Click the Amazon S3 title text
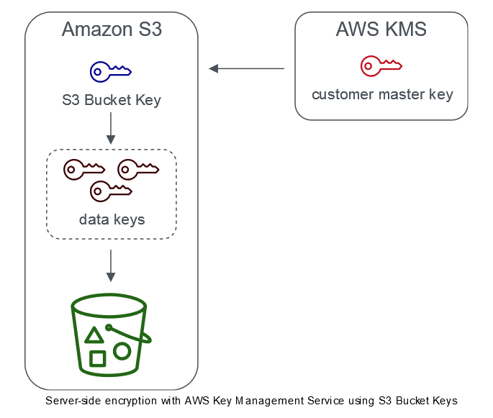(x=112, y=29)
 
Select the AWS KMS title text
(x=381, y=29)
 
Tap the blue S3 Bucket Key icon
(x=110, y=71)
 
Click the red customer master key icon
(x=381, y=66)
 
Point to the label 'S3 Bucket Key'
(x=112, y=100)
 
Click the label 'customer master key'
(x=382, y=95)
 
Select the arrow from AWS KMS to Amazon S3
(x=247, y=69)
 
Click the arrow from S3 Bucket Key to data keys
(x=111, y=129)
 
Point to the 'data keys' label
(x=112, y=219)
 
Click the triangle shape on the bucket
(x=94, y=335)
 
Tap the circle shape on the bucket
(x=122, y=351)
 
